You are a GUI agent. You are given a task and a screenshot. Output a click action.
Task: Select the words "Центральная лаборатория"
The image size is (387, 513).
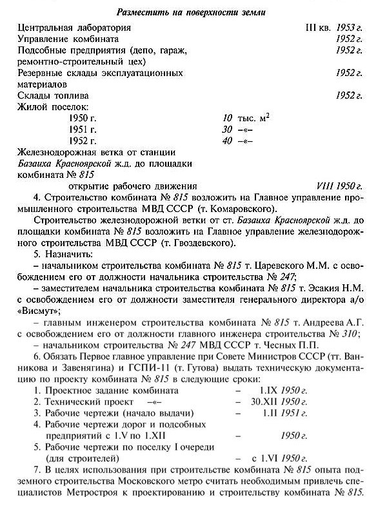click(x=74, y=28)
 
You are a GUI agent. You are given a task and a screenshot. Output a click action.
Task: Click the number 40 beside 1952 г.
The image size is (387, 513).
click(x=226, y=140)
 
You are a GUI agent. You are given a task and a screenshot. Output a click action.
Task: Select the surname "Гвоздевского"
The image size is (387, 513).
click(x=206, y=243)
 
